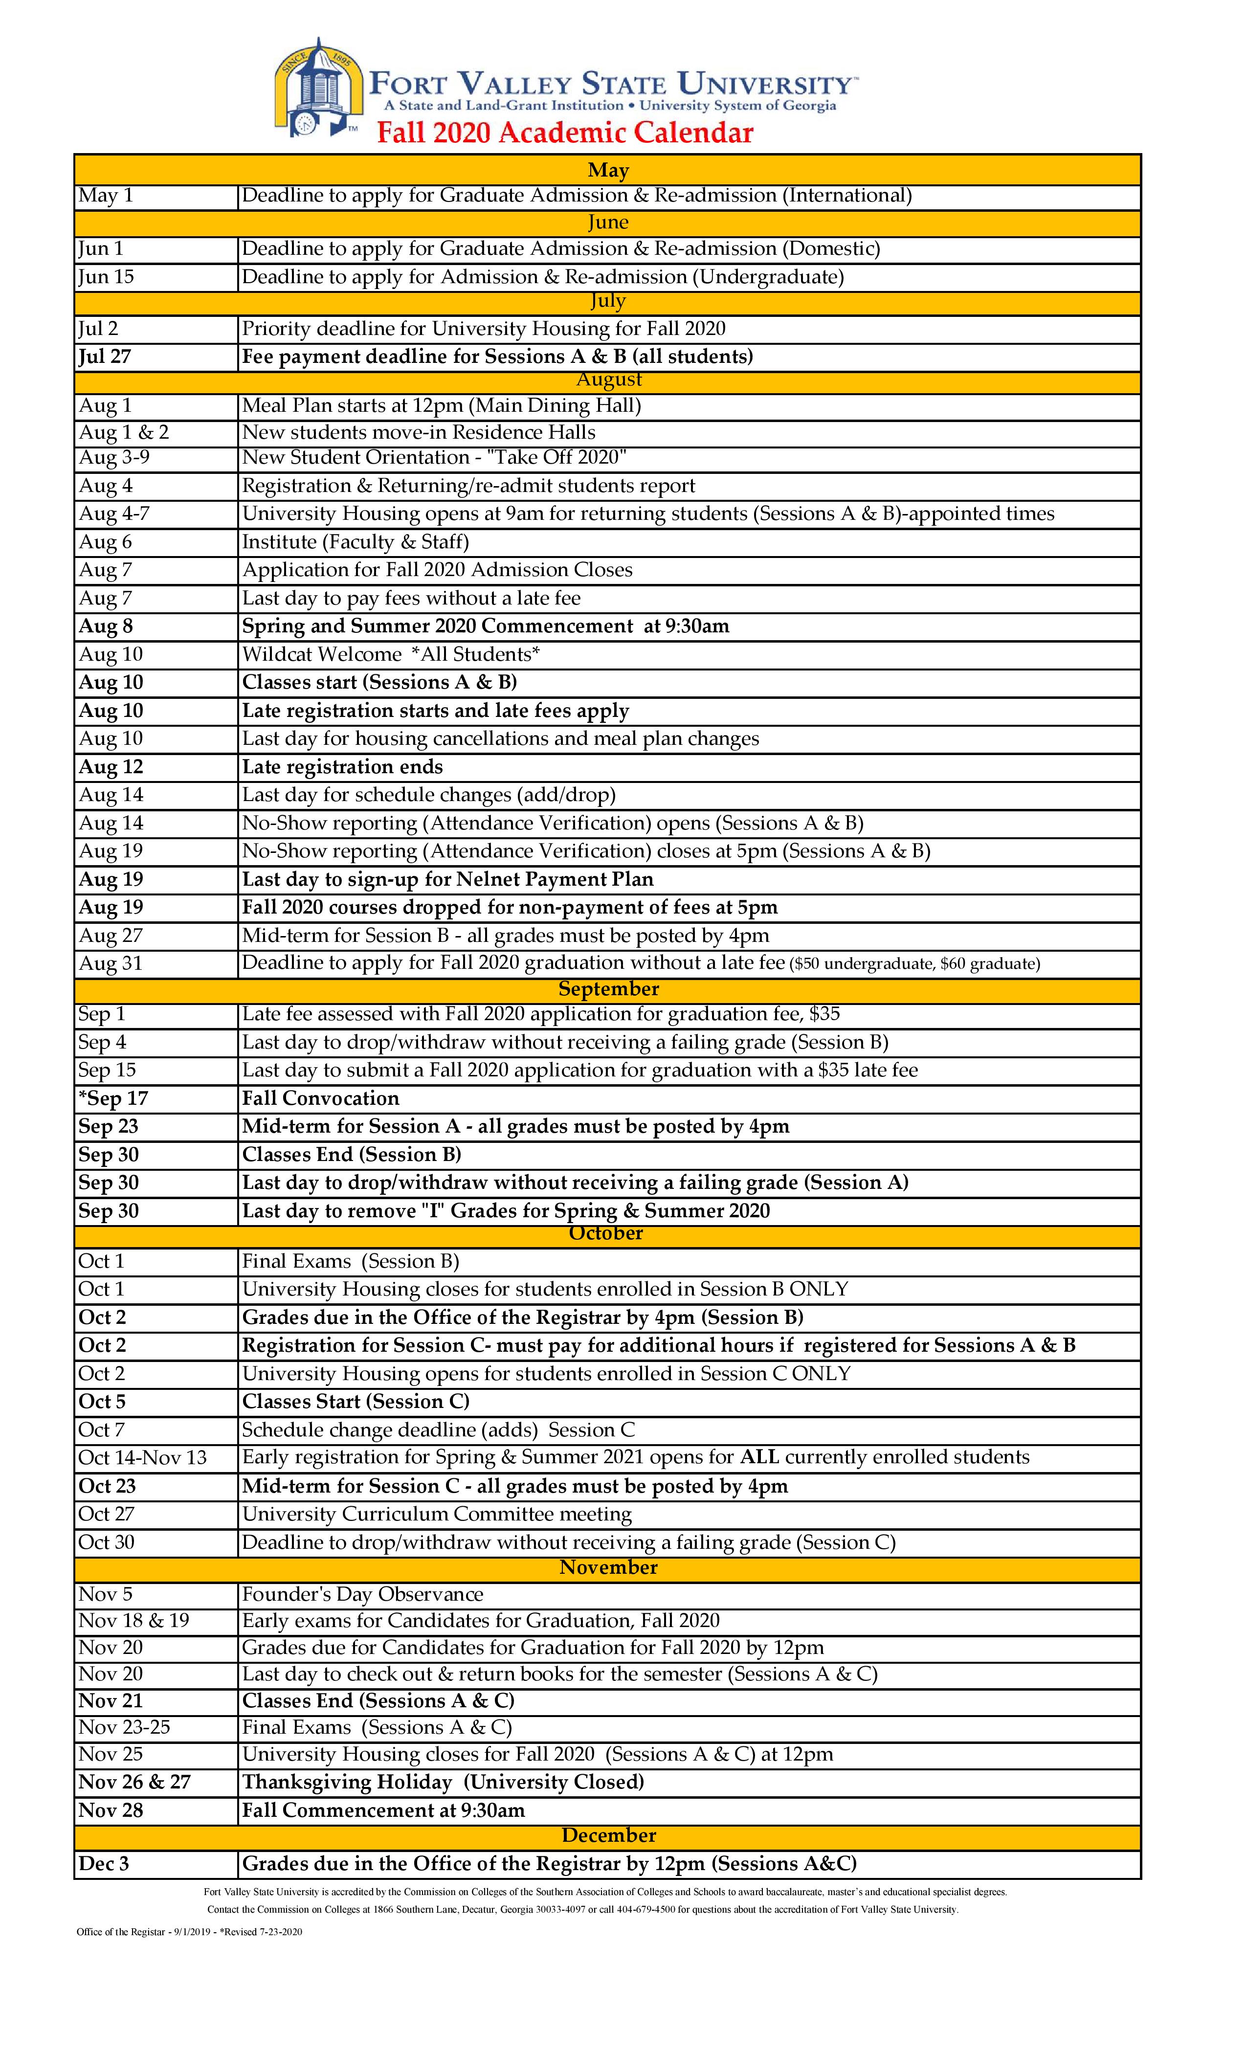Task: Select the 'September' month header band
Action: coord(608,989)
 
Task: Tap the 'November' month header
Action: coord(608,1568)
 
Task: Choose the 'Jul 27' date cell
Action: coord(105,357)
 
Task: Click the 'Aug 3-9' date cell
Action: coord(114,458)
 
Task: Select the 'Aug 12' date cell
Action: coord(111,767)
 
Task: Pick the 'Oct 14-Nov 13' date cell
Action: coord(142,1457)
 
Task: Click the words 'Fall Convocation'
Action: coord(321,1099)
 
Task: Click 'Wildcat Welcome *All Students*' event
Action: coord(391,654)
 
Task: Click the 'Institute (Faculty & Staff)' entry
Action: coord(355,542)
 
